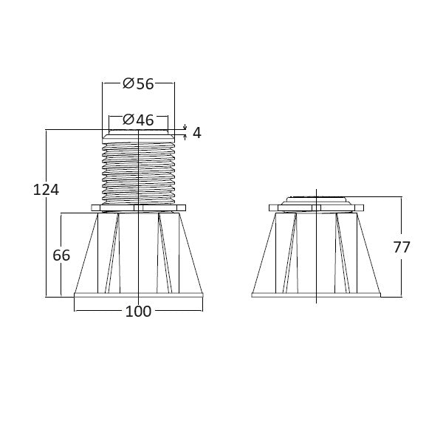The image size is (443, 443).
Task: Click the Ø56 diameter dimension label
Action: pos(138,83)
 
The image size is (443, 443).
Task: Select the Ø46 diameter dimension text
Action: pos(138,120)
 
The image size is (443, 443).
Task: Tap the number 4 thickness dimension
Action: pos(197,133)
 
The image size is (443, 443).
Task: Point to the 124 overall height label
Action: pos(46,190)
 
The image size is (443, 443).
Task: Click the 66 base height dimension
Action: pos(61,255)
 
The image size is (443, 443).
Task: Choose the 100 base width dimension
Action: pos(138,312)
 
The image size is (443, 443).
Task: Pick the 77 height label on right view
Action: pos(402,247)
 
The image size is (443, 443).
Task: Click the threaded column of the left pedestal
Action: pos(139,173)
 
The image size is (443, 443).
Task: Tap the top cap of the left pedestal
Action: pos(139,136)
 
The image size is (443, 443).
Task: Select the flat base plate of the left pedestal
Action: pos(139,295)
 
